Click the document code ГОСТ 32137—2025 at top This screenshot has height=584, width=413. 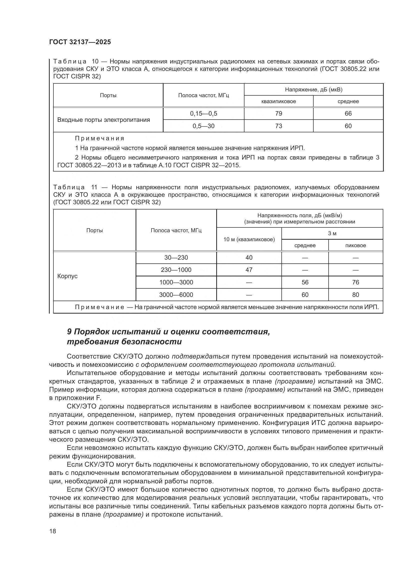(80, 42)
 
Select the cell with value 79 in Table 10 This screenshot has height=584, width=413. (278, 114)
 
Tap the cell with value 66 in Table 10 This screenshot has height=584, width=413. (348, 114)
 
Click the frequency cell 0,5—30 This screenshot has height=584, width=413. (204, 126)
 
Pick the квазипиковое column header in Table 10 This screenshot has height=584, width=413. (278, 101)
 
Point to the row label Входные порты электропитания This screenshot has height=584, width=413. (104, 120)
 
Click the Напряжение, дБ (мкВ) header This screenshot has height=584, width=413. (313, 90)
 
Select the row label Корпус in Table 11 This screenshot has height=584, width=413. (67, 276)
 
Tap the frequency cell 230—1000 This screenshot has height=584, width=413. (176, 270)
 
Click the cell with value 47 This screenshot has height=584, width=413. (249, 270)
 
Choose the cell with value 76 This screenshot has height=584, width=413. (355, 282)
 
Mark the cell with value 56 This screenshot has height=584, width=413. (305, 282)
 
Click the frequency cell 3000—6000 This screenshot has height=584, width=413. (176, 295)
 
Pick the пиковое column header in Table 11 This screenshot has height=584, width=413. (355, 245)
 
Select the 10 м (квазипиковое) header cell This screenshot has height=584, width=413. (249, 239)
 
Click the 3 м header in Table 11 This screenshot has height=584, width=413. (332, 233)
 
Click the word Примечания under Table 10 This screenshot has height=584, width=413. (99, 138)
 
